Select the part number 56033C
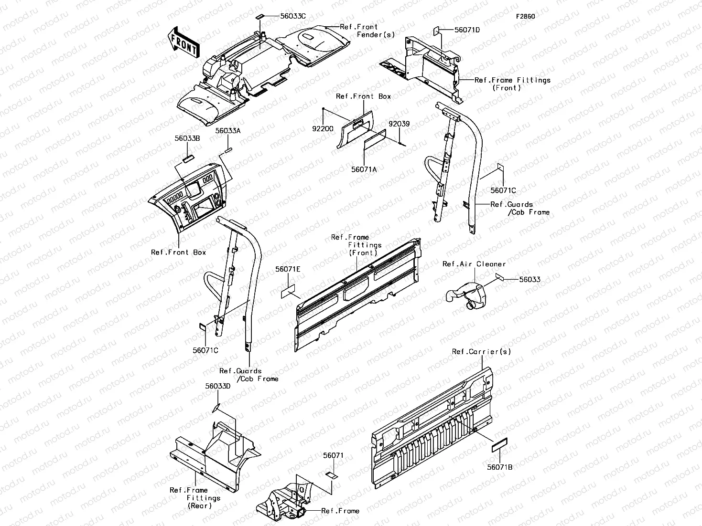pyautogui.click(x=293, y=16)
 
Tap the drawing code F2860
pyautogui.click(x=525, y=16)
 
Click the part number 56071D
pyautogui.click(x=467, y=30)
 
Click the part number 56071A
pyautogui.click(x=364, y=169)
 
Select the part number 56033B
pyautogui.click(x=187, y=138)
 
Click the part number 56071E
pyautogui.click(x=288, y=269)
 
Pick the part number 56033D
pyautogui.click(x=218, y=386)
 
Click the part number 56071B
pyautogui.click(x=500, y=467)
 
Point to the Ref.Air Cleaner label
pyautogui.click(x=474, y=264)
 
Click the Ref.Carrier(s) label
pyautogui.click(x=481, y=352)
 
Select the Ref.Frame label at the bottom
pyautogui.click(x=340, y=511)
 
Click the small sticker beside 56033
pyautogui.click(x=500, y=276)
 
